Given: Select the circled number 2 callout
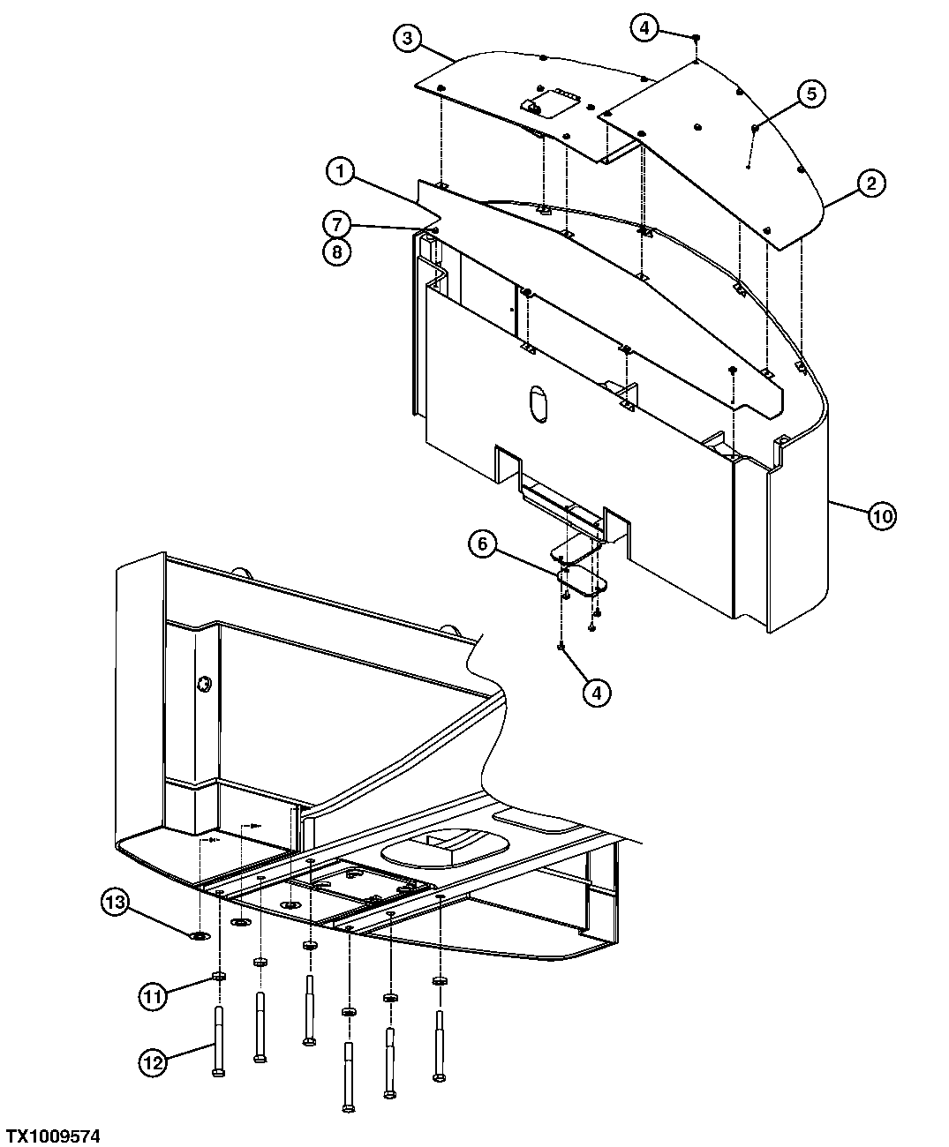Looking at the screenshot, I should (870, 184).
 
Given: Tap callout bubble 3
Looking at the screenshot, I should (406, 39).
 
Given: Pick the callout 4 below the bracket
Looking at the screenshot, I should (597, 693).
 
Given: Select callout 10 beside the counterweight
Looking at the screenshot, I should (882, 515).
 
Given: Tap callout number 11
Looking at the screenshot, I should (153, 997).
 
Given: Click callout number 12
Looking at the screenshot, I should (153, 1062).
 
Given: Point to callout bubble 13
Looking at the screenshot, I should (115, 902).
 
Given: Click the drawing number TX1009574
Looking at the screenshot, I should (53, 1135).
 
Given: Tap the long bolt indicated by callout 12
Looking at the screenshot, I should (218, 1041).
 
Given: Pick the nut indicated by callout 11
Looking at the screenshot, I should (218, 977).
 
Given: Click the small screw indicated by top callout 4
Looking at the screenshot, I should (697, 38).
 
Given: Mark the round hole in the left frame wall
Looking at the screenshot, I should (205, 682).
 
